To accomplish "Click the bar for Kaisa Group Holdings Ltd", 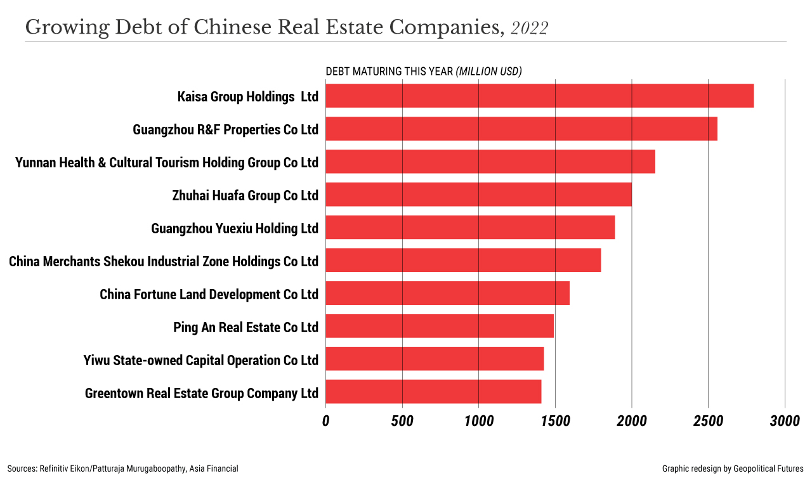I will pyautogui.click(x=539, y=96).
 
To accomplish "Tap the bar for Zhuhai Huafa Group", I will pyautogui.click(x=478, y=195).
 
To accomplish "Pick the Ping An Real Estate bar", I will pyautogui.click(x=440, y=326).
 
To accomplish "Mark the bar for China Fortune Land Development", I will pyautogui.click(x=447, y=294).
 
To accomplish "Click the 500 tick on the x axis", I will pyautogui.click(x=402, y=422).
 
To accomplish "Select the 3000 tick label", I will pyautogui.click(x=785, y=422).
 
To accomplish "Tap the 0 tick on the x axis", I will pyautogui.click(x=326, y=422).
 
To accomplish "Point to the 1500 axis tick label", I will pyautogui.click(x=555, y=422).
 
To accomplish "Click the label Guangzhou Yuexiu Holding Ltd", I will pyautogui.click(x=235, y=228).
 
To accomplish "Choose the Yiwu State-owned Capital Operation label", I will pyautogui.click(x=200, y=360).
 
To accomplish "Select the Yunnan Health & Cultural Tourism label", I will pyautogui.click(x=167, y=162).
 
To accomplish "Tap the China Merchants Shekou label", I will pyautogui.click(x=164, y=261).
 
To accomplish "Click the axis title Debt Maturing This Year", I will pyautogui.click(x=423, y=72).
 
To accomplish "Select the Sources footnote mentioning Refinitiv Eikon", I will pyautogui.click(x=123, y=468).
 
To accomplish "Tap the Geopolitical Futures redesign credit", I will pyautogui.click(x=733, y=468).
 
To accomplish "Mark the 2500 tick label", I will pyautogui.click(x=708, y=422).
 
